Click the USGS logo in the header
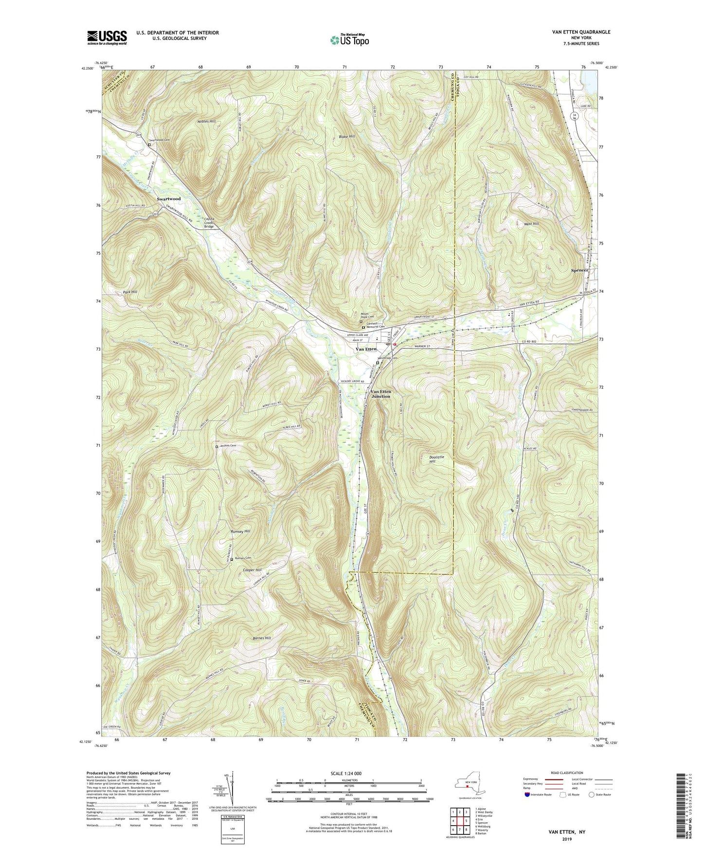pyautogui.click(x=107, y=37)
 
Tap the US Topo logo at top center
pyautogui.click(x=348, y=40)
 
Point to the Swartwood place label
pyautogui.click(x=168, y=199)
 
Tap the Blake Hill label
pyautogui.click(x=346, y=137)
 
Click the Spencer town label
pyautogui.click(x=580, y=270)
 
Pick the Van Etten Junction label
pyautogui.click(x=380, y=394)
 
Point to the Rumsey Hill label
pyautogui.click(x=240, y=531)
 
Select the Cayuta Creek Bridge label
pyautogui.click(x=209, y=223)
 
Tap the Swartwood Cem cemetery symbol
pyautogui.click(x=149, y=144)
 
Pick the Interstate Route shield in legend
pyautogui.click(x=527, y=795)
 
